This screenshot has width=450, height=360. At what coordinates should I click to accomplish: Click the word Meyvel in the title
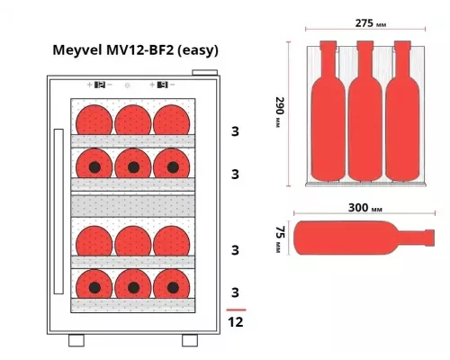[x=79, y=49]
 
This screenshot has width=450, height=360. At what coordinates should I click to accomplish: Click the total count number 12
[x=236, y=321]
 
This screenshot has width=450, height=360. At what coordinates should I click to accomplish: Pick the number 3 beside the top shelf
[x=236, y=131]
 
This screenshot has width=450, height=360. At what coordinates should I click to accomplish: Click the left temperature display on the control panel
[x=98, y=85]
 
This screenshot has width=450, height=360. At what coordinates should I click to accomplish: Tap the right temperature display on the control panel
[x=163, y=85]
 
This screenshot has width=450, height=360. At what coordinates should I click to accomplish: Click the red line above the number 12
[x=236, y=308]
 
